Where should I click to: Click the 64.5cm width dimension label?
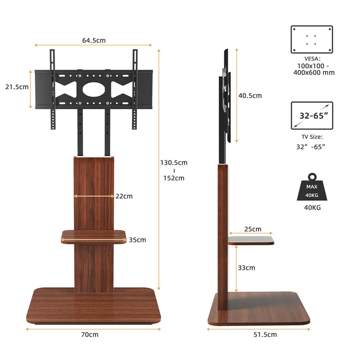click(x=94, y=40)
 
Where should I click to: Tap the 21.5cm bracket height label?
click(x=17, y=87)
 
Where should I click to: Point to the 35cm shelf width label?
click(x=137, y=240)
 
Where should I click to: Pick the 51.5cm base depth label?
click(x=264, y=334)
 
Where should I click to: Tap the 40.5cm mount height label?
click(x=250, y=96)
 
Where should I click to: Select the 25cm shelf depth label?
click(x=253, y=229)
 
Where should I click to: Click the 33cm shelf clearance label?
click(x=246, y=268)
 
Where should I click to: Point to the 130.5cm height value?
click(x=174, y=163)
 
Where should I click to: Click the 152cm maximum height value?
click(x=174, y=178)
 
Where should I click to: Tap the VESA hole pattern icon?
click(x=312, y=39)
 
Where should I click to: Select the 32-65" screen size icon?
click(x=312, y=116)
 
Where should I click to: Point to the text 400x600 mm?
click(x=316, y=72)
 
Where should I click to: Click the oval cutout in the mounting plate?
click(x=93, y=89)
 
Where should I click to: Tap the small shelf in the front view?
click(x=94, y=237)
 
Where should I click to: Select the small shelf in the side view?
click(x=251, y=240)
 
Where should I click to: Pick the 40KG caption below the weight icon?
click(x=312, y=208)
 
